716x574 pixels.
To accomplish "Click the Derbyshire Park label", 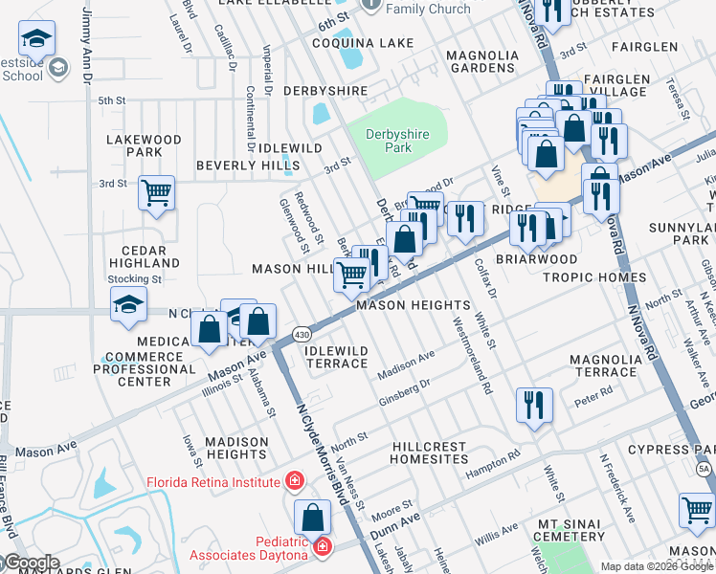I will pos(401,140).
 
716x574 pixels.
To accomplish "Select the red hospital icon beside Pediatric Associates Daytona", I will pos(324,546).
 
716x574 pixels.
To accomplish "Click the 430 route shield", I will pos(302,334).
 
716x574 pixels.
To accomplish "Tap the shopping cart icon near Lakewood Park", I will pos(156,192).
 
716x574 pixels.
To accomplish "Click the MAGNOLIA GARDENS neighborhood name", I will pos(482,61).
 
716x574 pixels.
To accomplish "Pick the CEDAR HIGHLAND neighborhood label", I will pos(145,256).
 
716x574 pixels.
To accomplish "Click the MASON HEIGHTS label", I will pos(413,305).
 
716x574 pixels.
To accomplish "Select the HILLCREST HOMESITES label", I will pos(442,453).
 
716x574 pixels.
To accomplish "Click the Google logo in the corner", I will pos(31,563).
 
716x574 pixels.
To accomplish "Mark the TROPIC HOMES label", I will pos(594,277).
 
